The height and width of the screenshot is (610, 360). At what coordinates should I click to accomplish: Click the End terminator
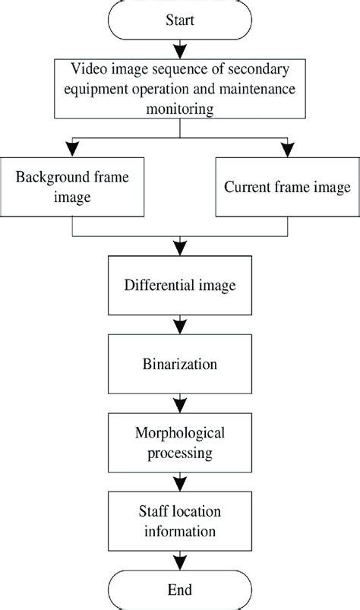coord(180,589)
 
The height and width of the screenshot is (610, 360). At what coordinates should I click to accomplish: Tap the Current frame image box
coord(286,186)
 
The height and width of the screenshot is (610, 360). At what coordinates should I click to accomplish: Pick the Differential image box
coord(180,286)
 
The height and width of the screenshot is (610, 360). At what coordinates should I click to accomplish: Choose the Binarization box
coord(180,364)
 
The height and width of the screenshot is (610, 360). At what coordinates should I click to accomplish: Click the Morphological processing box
coord(180,442)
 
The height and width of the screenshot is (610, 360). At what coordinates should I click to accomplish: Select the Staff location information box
coord(180,520)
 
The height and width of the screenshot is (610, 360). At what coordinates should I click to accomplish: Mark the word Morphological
coord(180,434)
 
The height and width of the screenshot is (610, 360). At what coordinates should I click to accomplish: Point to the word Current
coord(246,186)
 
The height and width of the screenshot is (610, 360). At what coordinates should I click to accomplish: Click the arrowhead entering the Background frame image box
coord(72,150)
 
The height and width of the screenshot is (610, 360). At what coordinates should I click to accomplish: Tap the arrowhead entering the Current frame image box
coord(286,150)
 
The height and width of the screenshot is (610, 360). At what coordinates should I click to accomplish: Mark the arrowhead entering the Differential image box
coord(180,248)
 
